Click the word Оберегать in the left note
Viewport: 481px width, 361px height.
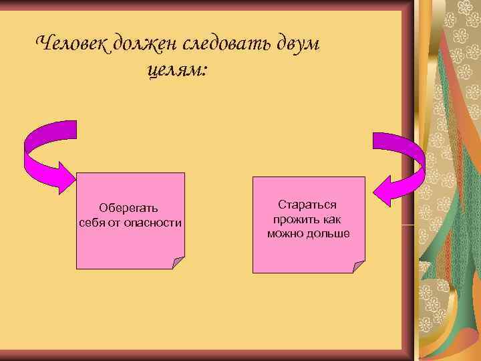(x=129, y=208)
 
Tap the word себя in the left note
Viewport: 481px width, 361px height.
(x=91, y=221)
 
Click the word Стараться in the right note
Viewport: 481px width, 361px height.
(x=307, y=205)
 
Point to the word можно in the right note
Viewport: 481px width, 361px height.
(x=285, y=233)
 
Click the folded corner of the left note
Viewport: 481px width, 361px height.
(x=178, y=262)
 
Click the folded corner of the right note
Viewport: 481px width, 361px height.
(x=359, y=267)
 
